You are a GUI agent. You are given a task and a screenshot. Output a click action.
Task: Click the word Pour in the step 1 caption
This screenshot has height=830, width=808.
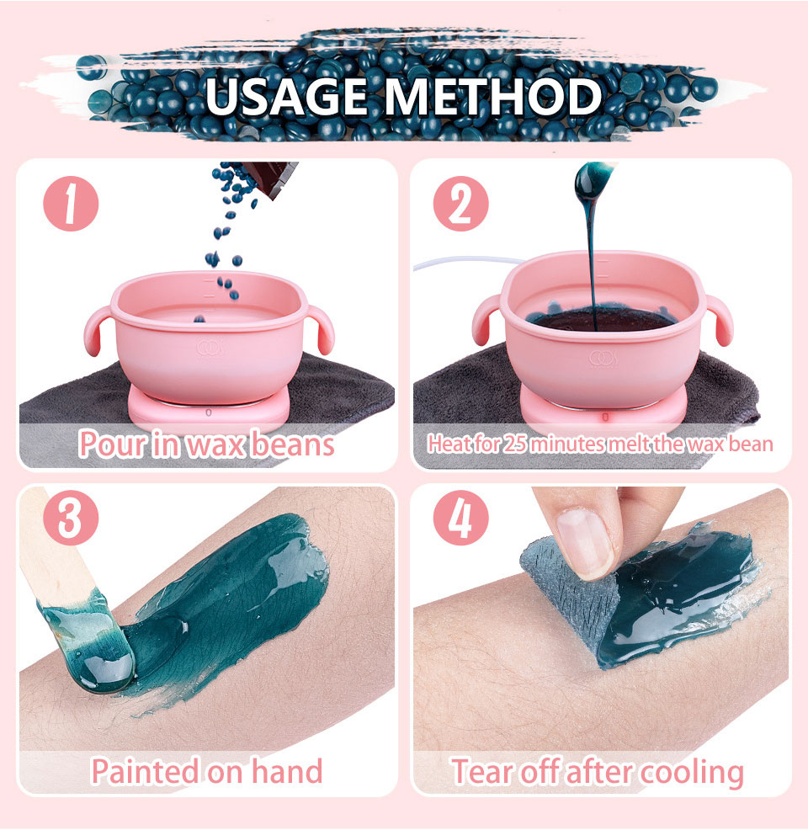pos(112,444)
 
